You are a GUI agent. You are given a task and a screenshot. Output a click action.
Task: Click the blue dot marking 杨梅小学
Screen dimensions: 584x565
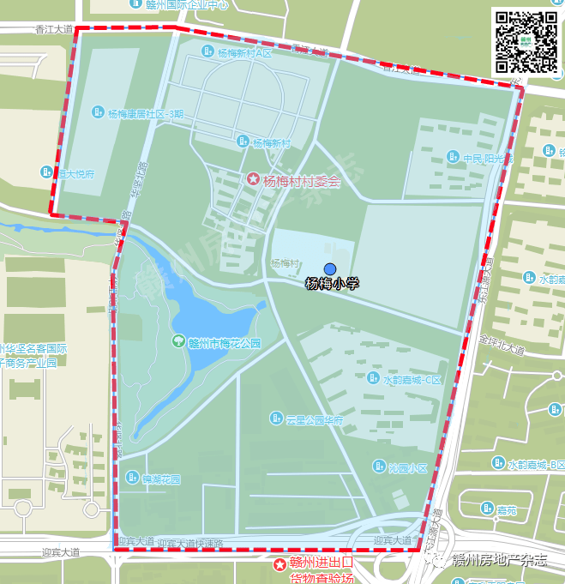(x=330, y=269)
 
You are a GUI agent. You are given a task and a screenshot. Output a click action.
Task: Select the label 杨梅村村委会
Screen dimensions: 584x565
(x=302, y=182)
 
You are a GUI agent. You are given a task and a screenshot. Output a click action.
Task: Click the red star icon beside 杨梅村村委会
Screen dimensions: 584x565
(x=254, y=179)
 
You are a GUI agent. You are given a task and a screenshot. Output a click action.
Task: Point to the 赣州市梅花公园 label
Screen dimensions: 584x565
(x=224, y=343)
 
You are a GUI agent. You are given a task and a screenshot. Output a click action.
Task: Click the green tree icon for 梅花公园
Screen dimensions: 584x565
(x=179, y=342)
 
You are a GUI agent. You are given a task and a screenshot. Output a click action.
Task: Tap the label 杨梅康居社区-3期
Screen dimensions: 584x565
(x=146, y=113)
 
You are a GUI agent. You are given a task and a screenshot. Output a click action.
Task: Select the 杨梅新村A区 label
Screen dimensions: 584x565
(x=243, y=53)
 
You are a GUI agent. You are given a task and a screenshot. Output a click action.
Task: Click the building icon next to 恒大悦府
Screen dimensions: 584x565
(x=48, y=172)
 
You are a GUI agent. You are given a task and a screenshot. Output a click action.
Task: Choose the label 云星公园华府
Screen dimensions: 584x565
(x=314, y=420)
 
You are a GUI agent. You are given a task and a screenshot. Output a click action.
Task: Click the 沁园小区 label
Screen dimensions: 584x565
(x=407, y=467)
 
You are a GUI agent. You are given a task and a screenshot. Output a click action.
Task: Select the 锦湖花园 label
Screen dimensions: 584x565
(x=161, y=479)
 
